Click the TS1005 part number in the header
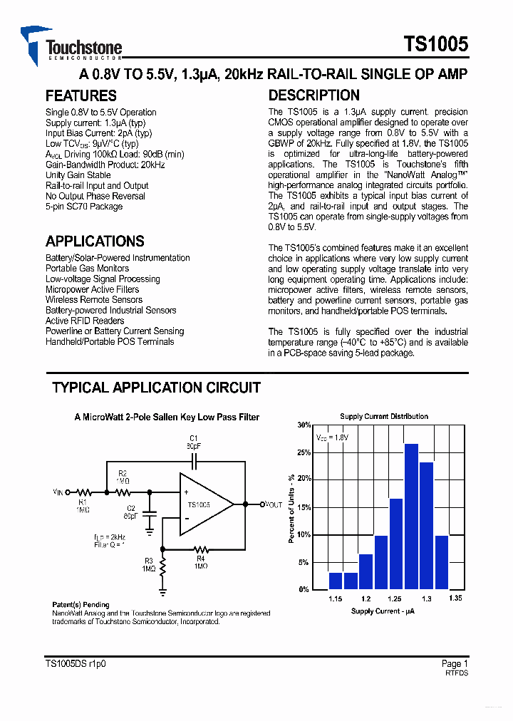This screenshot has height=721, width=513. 435,44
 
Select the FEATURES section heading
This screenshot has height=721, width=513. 81,95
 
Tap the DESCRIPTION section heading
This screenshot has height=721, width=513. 313,95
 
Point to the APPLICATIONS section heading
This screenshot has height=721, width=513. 95,242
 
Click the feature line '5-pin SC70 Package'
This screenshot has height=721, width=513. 84,207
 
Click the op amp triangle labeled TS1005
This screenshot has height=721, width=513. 203,504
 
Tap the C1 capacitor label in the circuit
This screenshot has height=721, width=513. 193,437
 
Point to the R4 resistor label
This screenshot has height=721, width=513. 200,559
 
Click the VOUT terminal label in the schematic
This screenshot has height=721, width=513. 270,504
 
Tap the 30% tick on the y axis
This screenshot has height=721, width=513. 304,425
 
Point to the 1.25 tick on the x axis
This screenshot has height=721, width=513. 395,598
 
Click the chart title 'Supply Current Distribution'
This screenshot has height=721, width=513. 384,416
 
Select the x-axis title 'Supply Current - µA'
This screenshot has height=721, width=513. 383,611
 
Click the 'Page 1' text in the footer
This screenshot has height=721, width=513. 455,663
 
